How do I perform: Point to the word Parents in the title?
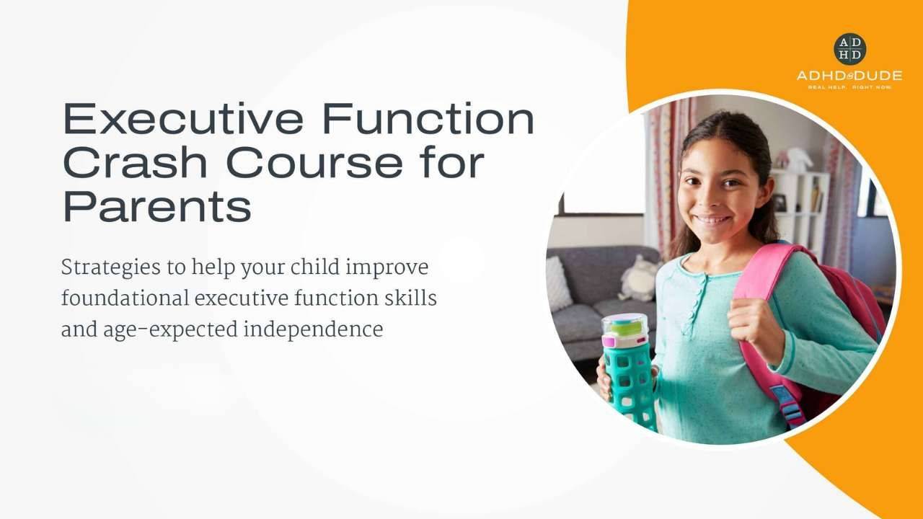coord(157,206)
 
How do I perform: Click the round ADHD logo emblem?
coord(849,49)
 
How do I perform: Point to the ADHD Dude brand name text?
coord(849,76)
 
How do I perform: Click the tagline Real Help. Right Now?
coord(849,87)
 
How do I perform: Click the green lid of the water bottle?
coord(624,325)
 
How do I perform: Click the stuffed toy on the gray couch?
coord(637,278)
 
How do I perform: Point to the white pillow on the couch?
coord(558,283)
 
